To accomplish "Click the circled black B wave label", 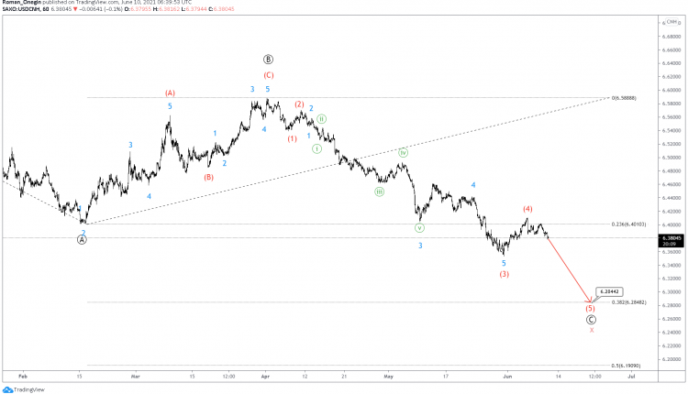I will [x=268, y=59].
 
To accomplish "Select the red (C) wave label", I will [x=268, y=75].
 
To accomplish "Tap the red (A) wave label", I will [x=170, y=93].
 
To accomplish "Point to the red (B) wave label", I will [x=208, y=177].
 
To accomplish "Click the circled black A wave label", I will [x=82, y=239].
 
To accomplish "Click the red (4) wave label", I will [x=527, y=209].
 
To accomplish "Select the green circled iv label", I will [x=402, y=152].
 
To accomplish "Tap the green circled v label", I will [x=419, y=227].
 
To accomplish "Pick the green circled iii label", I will [x=379, y=192].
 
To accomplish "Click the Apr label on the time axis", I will [x=264, y=376].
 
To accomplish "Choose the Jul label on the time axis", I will [x=632, y=376].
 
